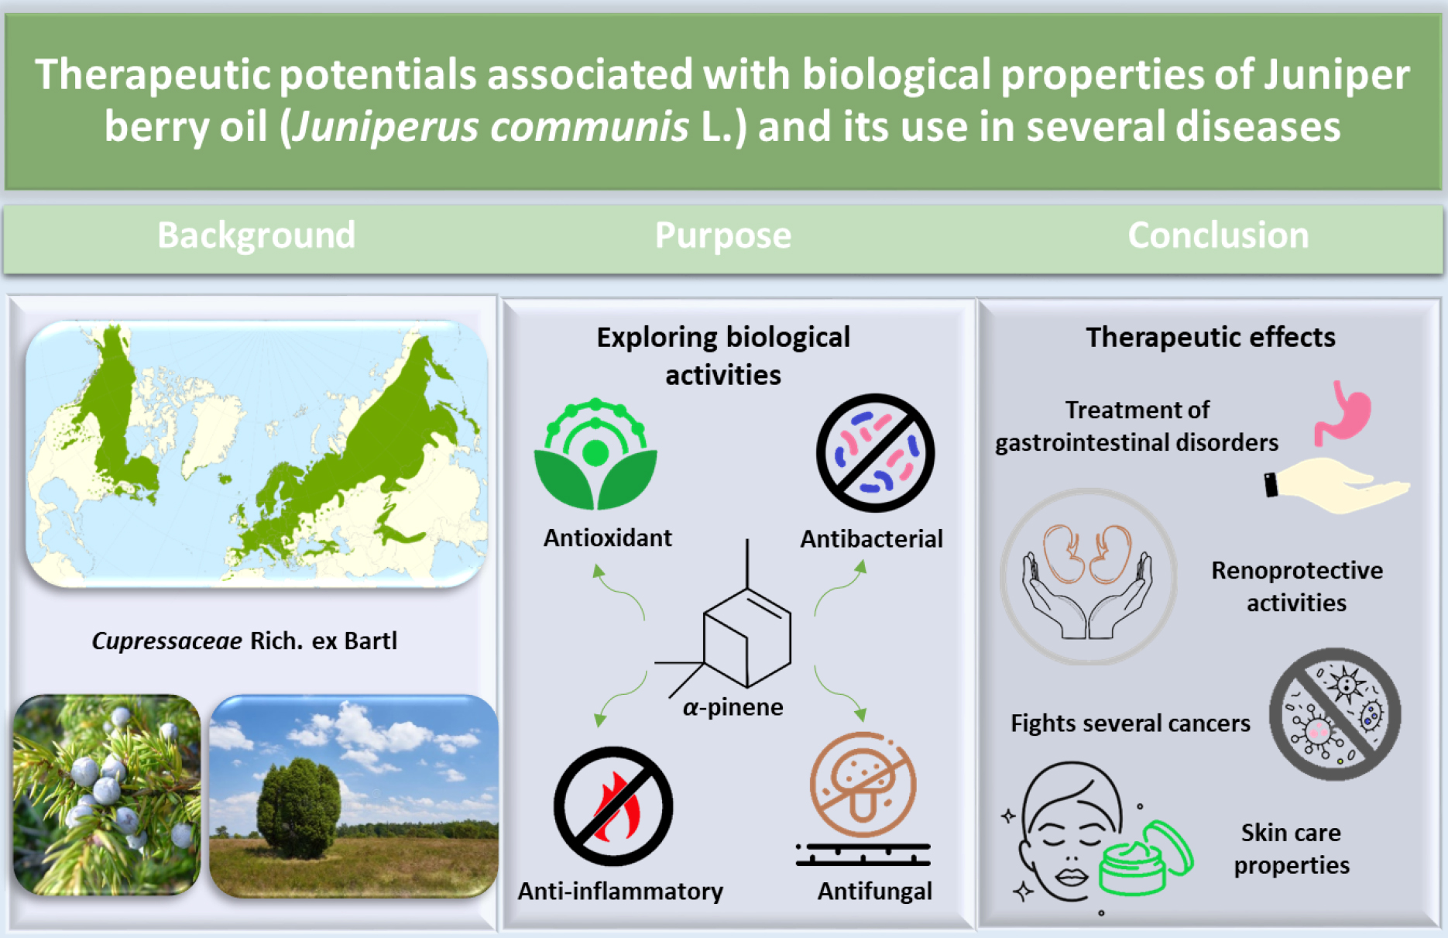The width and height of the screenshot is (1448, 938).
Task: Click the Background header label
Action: point(256,235)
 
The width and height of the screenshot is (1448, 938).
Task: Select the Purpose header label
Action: point(723,235)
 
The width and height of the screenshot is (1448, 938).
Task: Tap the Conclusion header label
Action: point(1218,235)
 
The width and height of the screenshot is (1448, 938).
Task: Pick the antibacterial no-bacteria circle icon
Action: point(875,453)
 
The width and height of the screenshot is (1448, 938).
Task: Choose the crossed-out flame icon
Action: point(613,806)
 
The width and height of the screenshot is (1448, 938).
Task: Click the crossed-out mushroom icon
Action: point(863,785)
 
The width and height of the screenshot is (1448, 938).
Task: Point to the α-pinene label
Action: point(733,707)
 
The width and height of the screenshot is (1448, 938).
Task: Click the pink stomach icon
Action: point(1343,413)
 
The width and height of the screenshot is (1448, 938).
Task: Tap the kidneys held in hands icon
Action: point(1088,577)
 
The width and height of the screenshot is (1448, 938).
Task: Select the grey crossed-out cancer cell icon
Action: point(1335,714)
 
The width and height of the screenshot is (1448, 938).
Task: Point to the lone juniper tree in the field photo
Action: point(298,809)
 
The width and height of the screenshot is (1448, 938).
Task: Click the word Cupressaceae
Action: point(166,641)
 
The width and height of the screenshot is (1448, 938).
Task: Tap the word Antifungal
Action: point(875,892)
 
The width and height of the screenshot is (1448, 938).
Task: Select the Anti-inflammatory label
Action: point(620,892)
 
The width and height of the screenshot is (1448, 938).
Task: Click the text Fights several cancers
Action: point(1131,723)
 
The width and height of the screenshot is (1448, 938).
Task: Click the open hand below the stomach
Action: point(1337,485)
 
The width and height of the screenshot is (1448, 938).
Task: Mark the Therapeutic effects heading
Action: point(1210,337)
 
